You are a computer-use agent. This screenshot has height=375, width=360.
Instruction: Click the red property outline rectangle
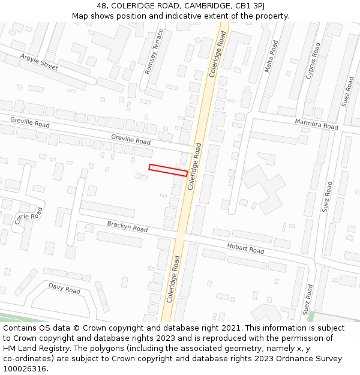pos(168,170)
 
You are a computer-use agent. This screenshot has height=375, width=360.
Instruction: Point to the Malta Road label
pos(271,56)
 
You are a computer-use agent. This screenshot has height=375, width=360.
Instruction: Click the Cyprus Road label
pos(313,61)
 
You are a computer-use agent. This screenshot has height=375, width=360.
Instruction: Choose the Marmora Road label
pos(316,124)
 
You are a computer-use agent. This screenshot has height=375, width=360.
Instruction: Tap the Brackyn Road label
pos(127,227)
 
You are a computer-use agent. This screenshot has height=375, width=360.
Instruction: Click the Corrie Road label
pos(29,217)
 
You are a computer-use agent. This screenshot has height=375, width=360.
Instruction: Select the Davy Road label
pos(64,289)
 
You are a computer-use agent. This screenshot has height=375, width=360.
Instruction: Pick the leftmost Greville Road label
pos(30,122)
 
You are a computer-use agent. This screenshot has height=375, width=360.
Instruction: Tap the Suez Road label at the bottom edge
pos(308,300)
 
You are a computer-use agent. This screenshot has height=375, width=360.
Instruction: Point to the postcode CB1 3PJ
pos(250,5)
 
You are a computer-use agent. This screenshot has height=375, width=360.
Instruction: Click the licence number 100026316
pos(25,369)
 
